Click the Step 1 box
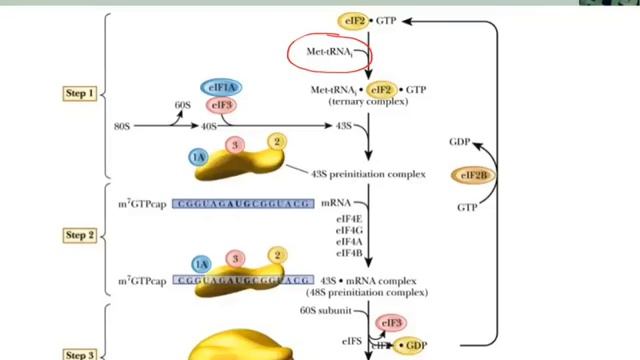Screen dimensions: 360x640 coord(80,94)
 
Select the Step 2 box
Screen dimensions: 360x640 coord(80,235)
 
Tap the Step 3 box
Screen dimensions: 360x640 coord(80,354)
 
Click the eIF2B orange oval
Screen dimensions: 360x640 coord(474,176)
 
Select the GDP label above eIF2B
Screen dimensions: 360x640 coord(460,142)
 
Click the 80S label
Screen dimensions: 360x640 coord(123,126)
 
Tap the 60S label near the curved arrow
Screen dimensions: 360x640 coord(182,105)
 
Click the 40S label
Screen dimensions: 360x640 coord(210,126)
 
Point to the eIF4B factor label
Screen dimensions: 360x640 coord(348,253)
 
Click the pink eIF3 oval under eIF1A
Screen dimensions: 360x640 coord(221,105)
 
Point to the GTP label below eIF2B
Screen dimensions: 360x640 coord(466,207)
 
